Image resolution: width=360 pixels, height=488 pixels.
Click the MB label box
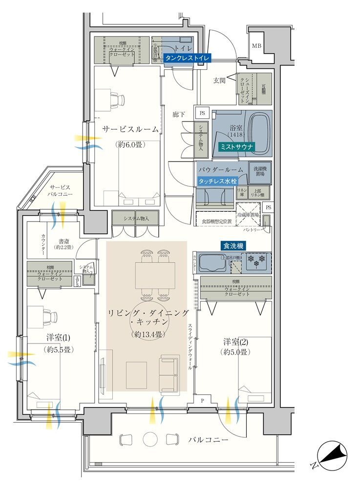point(256,46)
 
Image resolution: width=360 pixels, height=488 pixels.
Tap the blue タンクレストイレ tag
point(187,58)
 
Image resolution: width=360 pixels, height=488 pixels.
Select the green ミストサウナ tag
point(235,146)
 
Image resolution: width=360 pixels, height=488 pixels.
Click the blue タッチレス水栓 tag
point(217,181)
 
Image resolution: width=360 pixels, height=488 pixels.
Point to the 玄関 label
point(219,81)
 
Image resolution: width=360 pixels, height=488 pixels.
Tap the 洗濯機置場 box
point(260,172)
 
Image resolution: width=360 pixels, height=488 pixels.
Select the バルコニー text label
point(209,440)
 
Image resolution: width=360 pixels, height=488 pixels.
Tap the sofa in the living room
point(169,373)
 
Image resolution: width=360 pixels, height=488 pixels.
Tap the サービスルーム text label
point(130,129)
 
